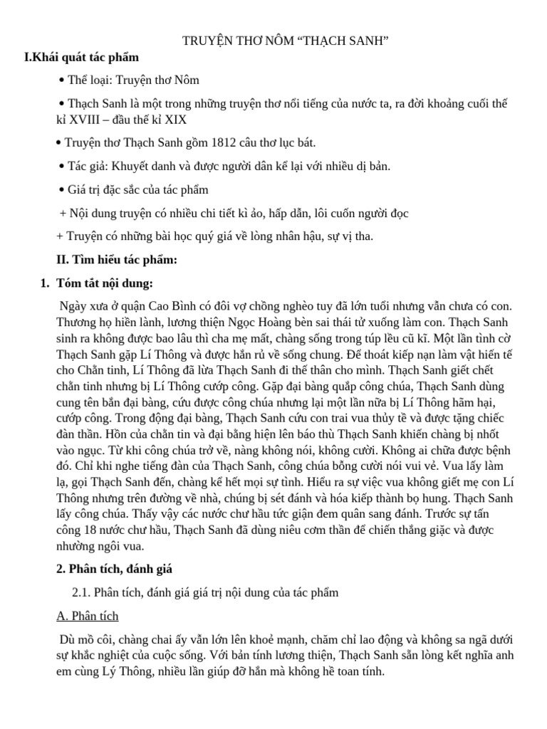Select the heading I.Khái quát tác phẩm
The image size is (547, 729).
point(81,57)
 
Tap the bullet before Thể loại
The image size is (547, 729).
point(62,80)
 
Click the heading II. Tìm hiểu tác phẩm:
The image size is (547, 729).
point(117,260)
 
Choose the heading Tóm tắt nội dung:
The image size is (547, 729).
point(105,283)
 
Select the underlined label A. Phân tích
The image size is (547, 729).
point(88,616)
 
